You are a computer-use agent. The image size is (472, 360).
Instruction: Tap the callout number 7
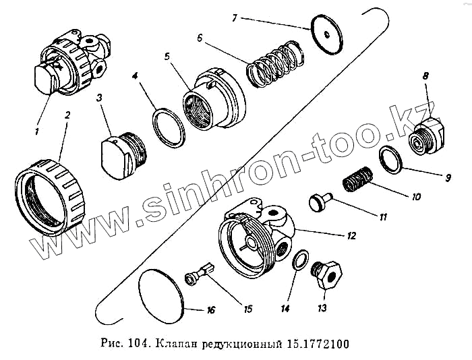[234, 17]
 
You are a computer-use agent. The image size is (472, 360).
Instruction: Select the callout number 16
[210, 310]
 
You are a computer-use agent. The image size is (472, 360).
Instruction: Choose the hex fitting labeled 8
[425, 137]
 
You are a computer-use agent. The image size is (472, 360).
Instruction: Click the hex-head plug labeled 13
[328, 276]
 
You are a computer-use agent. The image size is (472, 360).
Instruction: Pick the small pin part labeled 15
[199, 275]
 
